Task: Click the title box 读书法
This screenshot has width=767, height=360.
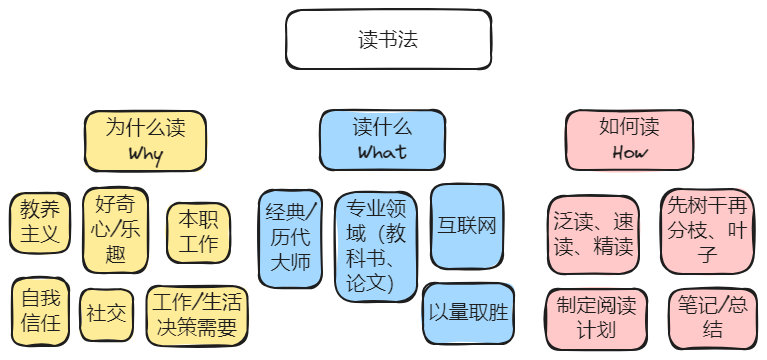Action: pyautogui.click(x=388, y=40)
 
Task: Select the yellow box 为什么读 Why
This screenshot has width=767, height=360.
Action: pyautogui.click(x=145, y=140)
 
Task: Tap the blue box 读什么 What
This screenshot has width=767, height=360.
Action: pyautogui.click(x=382, y=140)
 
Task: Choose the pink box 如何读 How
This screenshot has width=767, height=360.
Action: pyautogui.click(x=629, y=140)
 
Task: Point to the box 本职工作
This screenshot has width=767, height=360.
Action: pyautogui.click(x=198, y=231)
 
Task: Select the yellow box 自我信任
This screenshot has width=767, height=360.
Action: pyautogui.click(x=41, y=310)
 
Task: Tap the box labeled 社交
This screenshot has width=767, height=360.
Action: pyautogui.click(x=105, y=312)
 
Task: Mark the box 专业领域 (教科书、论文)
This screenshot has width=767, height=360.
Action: pyautogui.click(x=375, y=247)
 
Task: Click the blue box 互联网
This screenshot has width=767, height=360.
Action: pyautogui.click(x=466, y=226)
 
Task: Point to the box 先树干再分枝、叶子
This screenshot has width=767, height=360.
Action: pyautogui.click(x=708, y=231)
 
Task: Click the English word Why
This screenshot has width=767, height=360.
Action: pyautogui.click(x=145, y=154)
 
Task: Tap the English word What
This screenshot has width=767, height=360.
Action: pyautogui.click(x=382, y=153)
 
